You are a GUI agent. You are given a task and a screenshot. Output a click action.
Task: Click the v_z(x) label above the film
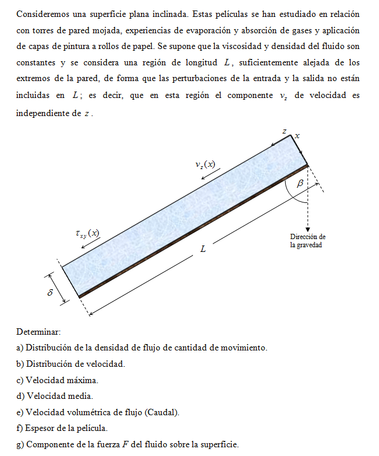pos(205,164)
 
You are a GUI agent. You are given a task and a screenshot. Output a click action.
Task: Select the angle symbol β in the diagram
pos(300,183)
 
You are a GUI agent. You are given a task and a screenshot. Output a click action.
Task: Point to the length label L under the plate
pos(203,249)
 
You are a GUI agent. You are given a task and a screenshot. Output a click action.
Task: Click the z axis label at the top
pos(285,132)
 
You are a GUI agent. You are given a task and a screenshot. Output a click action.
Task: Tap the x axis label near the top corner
pos(297,135)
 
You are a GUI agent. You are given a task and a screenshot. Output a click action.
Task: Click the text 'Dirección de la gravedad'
pos(307,241)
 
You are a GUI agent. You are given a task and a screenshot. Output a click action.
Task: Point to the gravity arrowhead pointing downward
pos(307,229)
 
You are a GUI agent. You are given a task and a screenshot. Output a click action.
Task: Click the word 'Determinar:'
pos(38,332)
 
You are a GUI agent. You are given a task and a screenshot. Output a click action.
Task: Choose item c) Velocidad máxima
pos(58,380)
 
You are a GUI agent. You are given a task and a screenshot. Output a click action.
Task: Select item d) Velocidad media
pos(55,396)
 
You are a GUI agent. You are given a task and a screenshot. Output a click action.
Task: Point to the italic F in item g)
pos(124,444)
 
